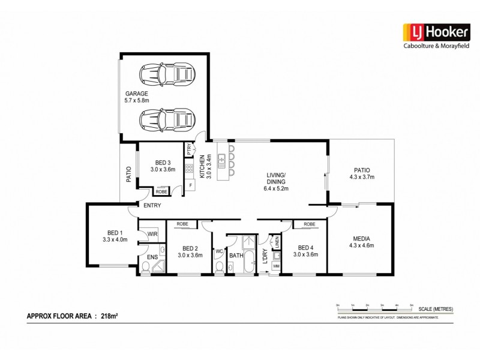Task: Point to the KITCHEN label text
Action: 203,166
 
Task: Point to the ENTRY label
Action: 152,206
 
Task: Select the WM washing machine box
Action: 276,265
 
